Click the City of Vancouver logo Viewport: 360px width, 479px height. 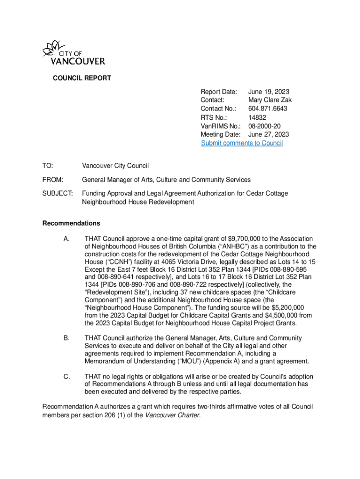[x=73, y=53]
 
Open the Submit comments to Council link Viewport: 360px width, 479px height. [x=242, y=143]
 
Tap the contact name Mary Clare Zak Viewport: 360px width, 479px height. [x=270, y=101]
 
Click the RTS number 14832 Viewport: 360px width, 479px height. [x=257, y=118]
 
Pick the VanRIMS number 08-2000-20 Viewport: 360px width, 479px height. [x=264, y=126]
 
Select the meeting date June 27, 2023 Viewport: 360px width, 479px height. [x=269, y=135]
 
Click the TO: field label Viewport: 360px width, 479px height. [x=48, y=166]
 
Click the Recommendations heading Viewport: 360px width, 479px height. [x=71, y=223]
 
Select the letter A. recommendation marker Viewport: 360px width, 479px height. [x=66, y=239]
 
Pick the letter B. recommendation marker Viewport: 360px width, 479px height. [x=66, y=338]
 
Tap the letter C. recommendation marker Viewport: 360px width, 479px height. [x=66, y=377]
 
